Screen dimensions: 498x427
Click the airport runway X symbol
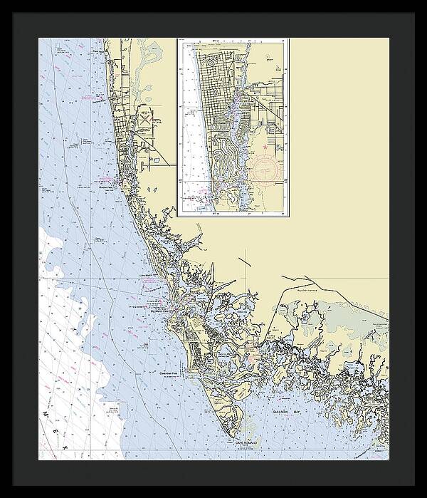tap(145, 121)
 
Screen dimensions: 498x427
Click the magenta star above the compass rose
tap(265, 147)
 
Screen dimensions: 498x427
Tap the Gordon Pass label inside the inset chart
tap(196, 197)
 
